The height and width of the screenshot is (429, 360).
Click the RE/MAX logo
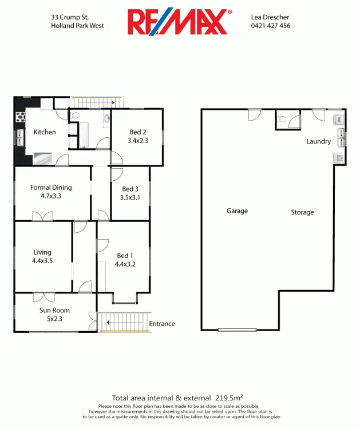180,22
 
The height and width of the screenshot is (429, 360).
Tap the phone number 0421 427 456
271,26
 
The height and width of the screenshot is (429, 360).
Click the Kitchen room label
45,132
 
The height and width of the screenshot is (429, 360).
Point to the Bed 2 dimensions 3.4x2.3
138,140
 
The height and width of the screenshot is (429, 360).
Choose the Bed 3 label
130,189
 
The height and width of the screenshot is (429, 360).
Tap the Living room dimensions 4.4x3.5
42,260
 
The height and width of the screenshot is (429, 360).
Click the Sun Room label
55,311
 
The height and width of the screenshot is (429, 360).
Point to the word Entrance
162,324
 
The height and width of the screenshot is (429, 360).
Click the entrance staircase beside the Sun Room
124,322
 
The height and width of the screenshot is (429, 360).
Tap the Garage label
237,211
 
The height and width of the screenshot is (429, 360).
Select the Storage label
302,212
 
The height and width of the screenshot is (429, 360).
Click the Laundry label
319,141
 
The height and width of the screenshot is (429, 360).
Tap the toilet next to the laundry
282,120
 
